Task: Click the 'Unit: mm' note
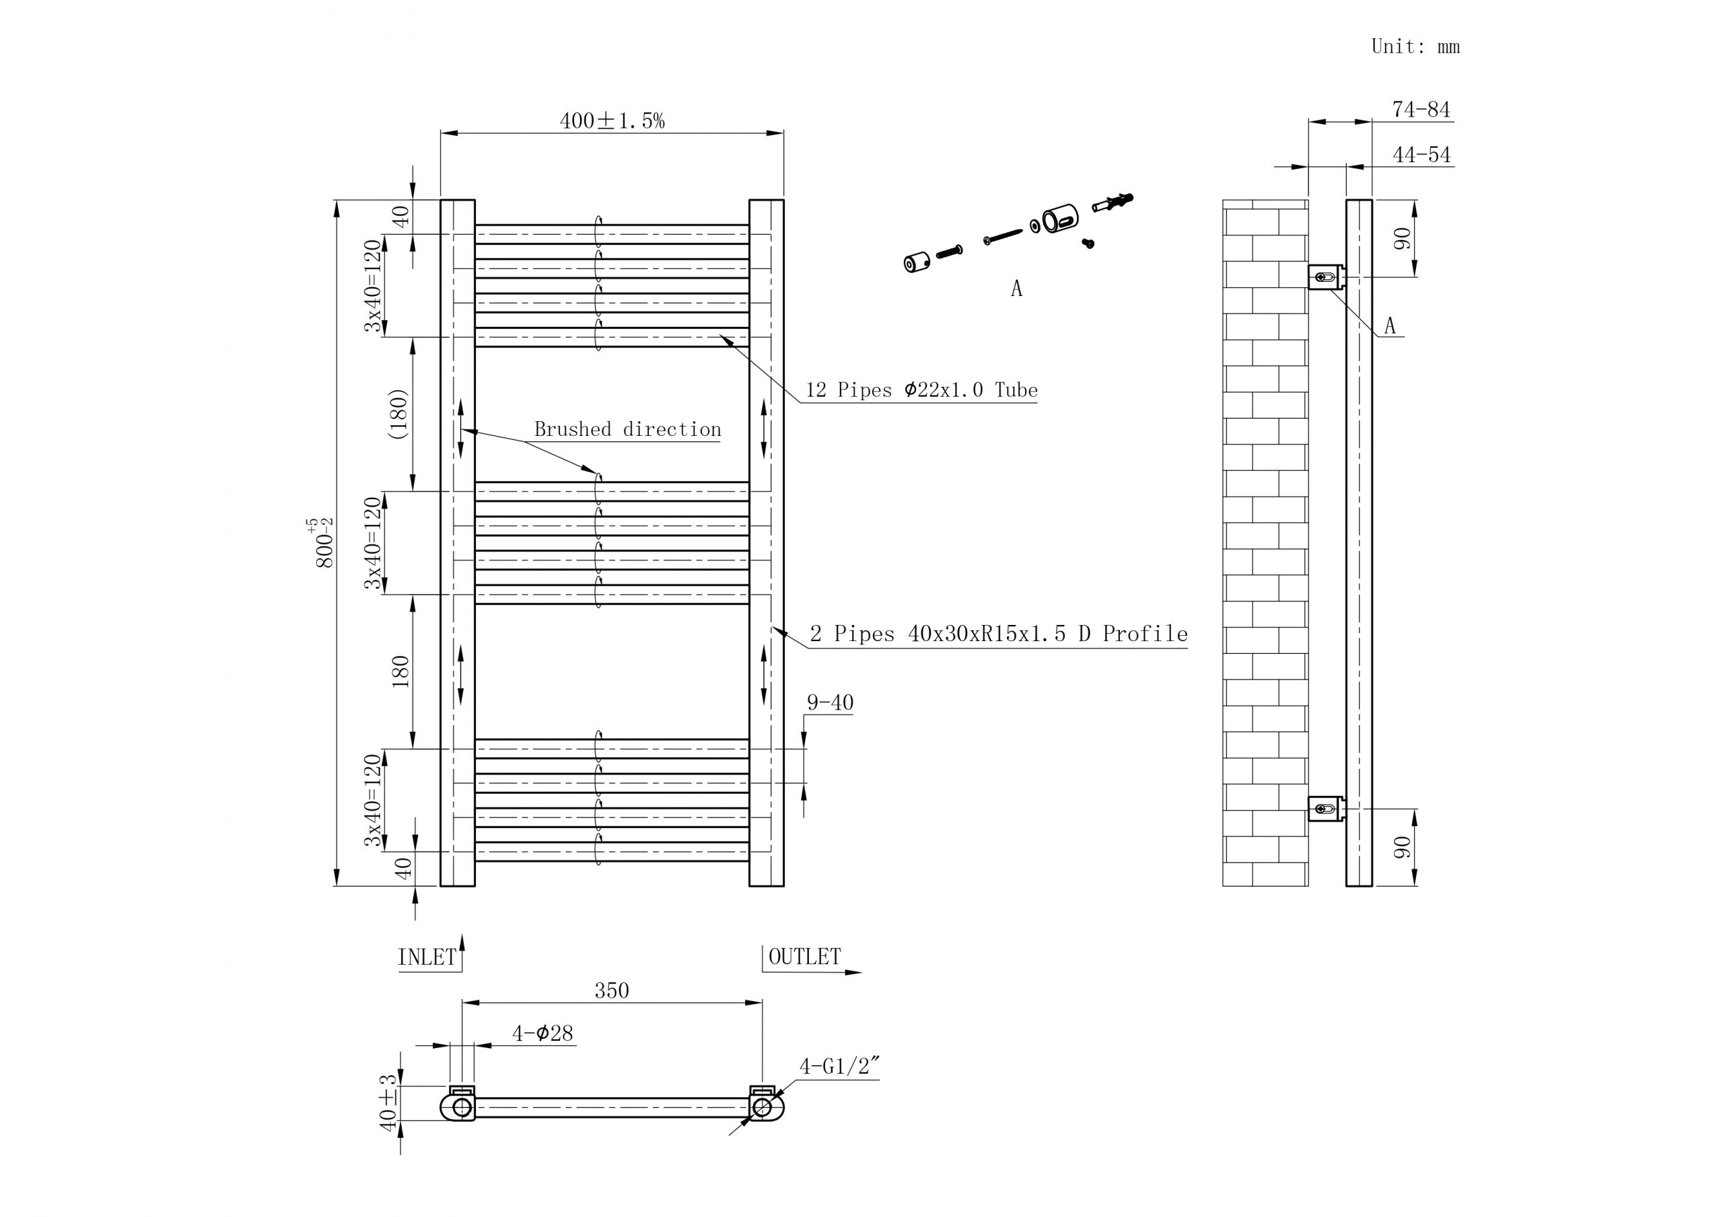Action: coord(1415,46)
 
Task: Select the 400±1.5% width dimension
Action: coord(612,121)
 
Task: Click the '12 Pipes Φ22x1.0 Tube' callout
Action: coord(921,390)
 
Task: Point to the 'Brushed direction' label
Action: coord(627,430)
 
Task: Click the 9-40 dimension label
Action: coord(829,703)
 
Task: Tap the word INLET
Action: coord(426,957)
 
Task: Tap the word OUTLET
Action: coord(804,957)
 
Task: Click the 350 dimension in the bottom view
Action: coord(612,991)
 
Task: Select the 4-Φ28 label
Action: coord(542,1034)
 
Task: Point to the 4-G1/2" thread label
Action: coord(838,1067)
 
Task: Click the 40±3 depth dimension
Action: coord(388,1102)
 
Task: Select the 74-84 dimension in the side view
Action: coord(1421,110)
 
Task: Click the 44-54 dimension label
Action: coord(1421,155)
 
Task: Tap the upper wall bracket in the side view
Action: coord(1325,277)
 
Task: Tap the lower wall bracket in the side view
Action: coord(1325,809)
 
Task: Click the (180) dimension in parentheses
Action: coord(398,414)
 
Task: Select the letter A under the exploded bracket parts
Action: coord(1016,289)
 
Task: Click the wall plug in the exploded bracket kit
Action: coord(1114,202)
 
